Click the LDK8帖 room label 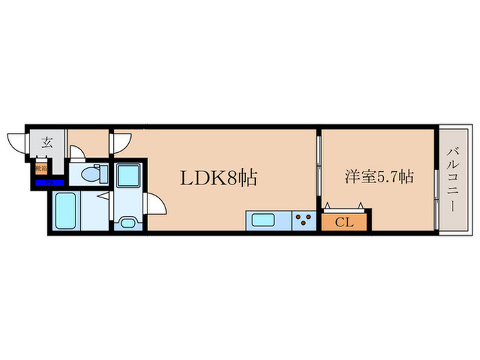click(x=218, y=178)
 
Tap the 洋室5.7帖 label click(x=378, y=177)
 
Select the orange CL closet click(x=345, y=221)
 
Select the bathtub click(x=67, y=213)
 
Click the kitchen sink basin click(x=263, y=221)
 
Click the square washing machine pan click(x=127, y=176)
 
